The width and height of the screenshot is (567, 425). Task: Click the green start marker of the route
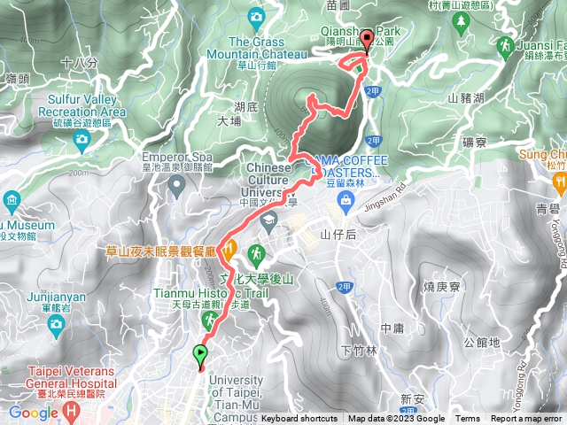click(x=200, y=356)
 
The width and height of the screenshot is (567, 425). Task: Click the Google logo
click(x=34, y=412)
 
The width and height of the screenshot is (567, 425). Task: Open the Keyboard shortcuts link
click(x=300, y=419)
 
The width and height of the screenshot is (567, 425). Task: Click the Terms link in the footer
click(x=468, y=419)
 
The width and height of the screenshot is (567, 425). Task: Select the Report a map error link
click(x=528, y=419)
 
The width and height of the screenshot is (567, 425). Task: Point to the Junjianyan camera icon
click(x=56, y=324)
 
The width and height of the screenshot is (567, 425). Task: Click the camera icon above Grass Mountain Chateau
click(x=257, y=16)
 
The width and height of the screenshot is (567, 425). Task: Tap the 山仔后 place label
click(x=338, y=235)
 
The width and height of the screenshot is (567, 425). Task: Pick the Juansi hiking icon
click(x=506, y=45)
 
